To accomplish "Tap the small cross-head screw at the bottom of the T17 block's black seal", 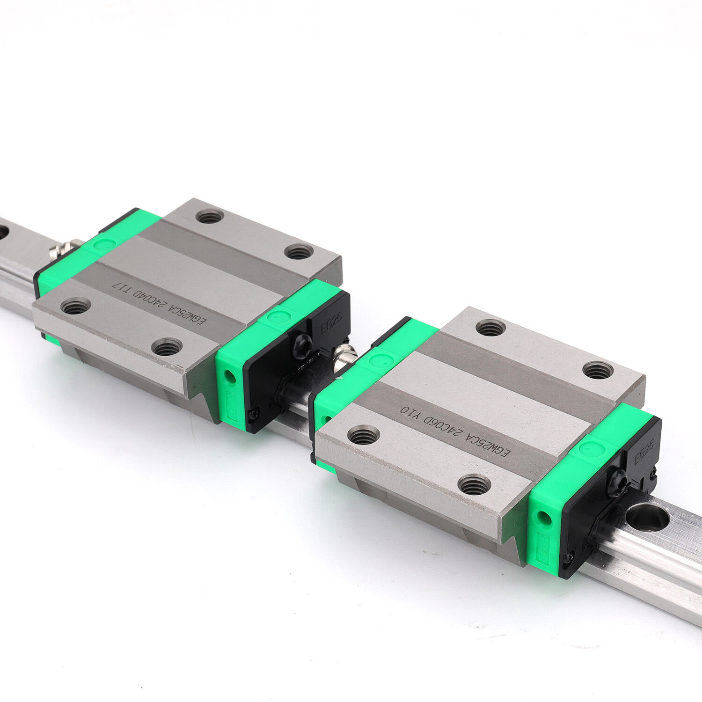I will [x=254, y=412].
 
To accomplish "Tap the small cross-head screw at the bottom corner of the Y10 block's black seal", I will [x=569, y=557].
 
